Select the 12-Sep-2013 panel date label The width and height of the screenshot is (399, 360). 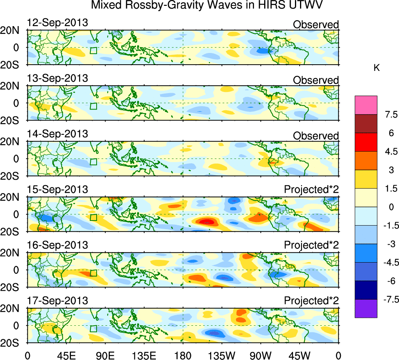pyautogui.click(x=57, y=23)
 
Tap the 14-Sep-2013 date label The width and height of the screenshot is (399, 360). pyautogui.click(x=57, y=134)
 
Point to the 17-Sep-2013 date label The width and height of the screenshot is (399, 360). pyautogui.click(x=57, y=301)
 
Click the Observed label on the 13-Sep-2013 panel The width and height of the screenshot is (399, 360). pyautogui.click(x=316, y=80)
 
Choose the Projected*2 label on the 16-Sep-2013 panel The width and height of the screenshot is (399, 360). pyautogui.click(x=311, y=245)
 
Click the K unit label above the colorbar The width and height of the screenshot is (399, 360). pyautogui.click(x=377, y=68)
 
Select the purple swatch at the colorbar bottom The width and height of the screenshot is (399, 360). pyautogui.click(x=366, y=309)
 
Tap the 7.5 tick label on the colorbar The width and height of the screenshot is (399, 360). pyautogui.click(x=390, y=115)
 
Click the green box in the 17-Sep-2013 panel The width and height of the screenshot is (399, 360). pyautogui.click(x=93, y=329)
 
